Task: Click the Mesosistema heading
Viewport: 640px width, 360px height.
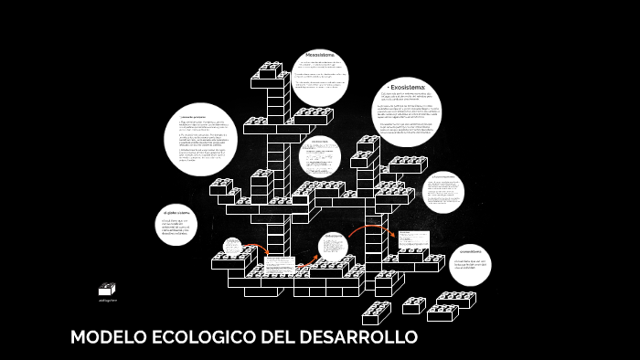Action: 320,55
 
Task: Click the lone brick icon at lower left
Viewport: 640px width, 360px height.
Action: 107,288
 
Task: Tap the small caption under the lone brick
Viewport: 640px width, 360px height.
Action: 107,300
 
